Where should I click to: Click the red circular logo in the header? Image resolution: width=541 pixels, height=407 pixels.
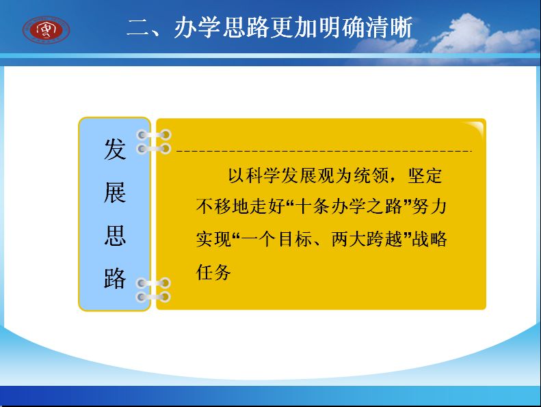pos(47,30)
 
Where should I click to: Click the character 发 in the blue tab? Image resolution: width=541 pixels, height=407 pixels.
pos(115,150)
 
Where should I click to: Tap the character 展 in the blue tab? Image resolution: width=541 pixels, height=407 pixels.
pos(115,193)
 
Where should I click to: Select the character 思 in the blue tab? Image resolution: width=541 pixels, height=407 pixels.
pos(115,236)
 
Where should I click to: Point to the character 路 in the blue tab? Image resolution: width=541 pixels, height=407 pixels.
pos(115,278)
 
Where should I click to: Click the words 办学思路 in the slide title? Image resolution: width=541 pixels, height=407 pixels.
pos(222,27)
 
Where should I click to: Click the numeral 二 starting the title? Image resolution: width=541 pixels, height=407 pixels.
pos(138,27)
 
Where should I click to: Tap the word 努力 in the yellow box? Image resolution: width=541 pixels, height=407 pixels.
pos(430,207)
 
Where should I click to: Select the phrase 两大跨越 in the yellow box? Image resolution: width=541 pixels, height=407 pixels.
pos(367,239)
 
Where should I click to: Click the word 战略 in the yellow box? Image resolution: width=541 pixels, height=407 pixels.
pos(430,239)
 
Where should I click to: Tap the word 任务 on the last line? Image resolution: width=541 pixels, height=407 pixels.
pos(213,272)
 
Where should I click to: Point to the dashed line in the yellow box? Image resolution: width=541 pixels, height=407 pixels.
pos(324,151)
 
